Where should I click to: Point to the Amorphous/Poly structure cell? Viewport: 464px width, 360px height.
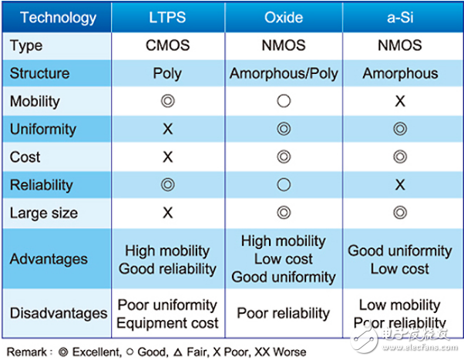[x=283, y=73]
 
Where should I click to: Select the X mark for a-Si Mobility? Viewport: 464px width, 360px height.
[x=399, y=101]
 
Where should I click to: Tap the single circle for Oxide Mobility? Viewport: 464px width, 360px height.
[x=283, y=101]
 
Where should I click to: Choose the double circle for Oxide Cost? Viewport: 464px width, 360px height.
[x=283, y=157]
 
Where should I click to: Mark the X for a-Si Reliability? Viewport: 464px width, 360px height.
[x=399, y=185]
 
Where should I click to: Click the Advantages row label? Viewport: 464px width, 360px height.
[x=49, y=259]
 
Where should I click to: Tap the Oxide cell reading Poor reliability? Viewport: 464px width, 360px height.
[x=283, y=314]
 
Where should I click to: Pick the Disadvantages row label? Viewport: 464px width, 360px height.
[x=59, y=314]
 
